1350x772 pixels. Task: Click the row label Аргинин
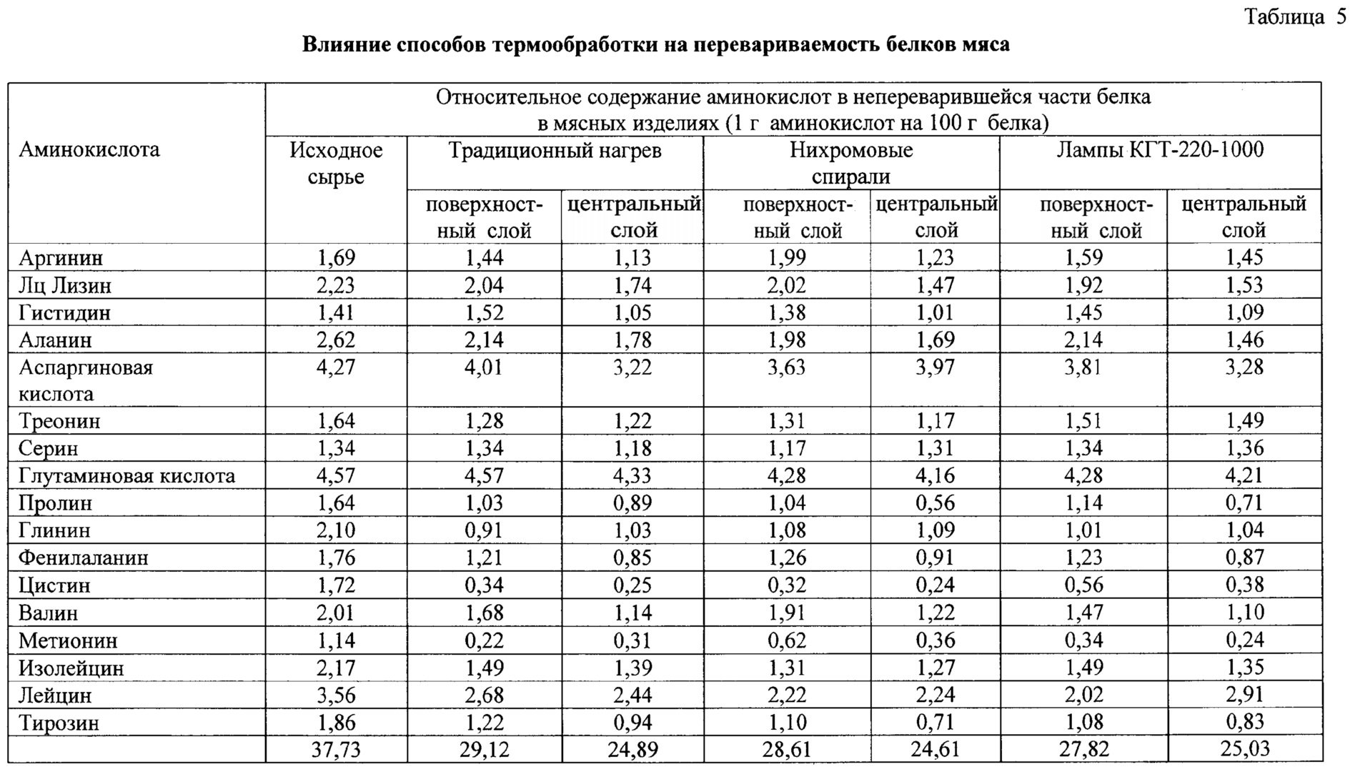(x=61, y=258)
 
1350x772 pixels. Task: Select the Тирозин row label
(x=59, y=723)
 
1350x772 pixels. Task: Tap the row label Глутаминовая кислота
(x=126, y=476)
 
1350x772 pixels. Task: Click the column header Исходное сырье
(x=336, y=164)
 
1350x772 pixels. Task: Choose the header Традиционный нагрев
(x=555, y=151)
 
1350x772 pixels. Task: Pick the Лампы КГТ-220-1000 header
(x=1160, y=150)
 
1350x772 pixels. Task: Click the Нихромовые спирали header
(x=850, y=164)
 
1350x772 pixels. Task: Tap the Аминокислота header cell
(x=89, y=150)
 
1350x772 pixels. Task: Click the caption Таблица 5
(x=1295, y=16)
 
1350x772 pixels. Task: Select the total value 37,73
(x=336, y=750)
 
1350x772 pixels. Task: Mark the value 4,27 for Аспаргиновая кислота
(x=336, y=367)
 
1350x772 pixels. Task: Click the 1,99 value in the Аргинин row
(x=786, y=258)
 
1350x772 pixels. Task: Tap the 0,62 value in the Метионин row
(x=786, y=640)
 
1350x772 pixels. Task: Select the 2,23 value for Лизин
(x=336, y=286)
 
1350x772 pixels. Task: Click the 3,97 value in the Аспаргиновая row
(x=935, y=367)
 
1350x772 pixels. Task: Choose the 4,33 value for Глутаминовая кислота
(x=632, y=476)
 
